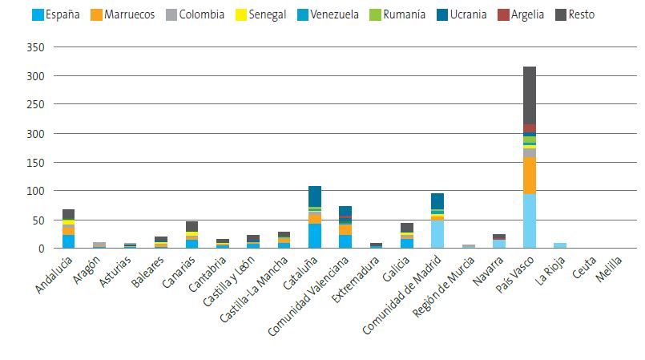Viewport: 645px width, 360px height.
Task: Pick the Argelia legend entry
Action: coord(527,14)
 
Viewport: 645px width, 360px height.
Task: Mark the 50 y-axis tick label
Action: coord(37,220)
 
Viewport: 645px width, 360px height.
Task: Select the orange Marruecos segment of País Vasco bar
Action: coord(530,176)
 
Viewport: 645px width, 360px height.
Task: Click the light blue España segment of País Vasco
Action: coord(530,221)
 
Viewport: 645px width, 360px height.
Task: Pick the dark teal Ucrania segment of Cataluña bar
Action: coord(315,196)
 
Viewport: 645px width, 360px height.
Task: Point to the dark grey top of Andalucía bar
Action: coord(68,214)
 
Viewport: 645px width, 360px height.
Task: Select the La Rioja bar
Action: coord(560,245)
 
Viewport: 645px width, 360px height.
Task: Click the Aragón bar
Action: coord(99,245)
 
